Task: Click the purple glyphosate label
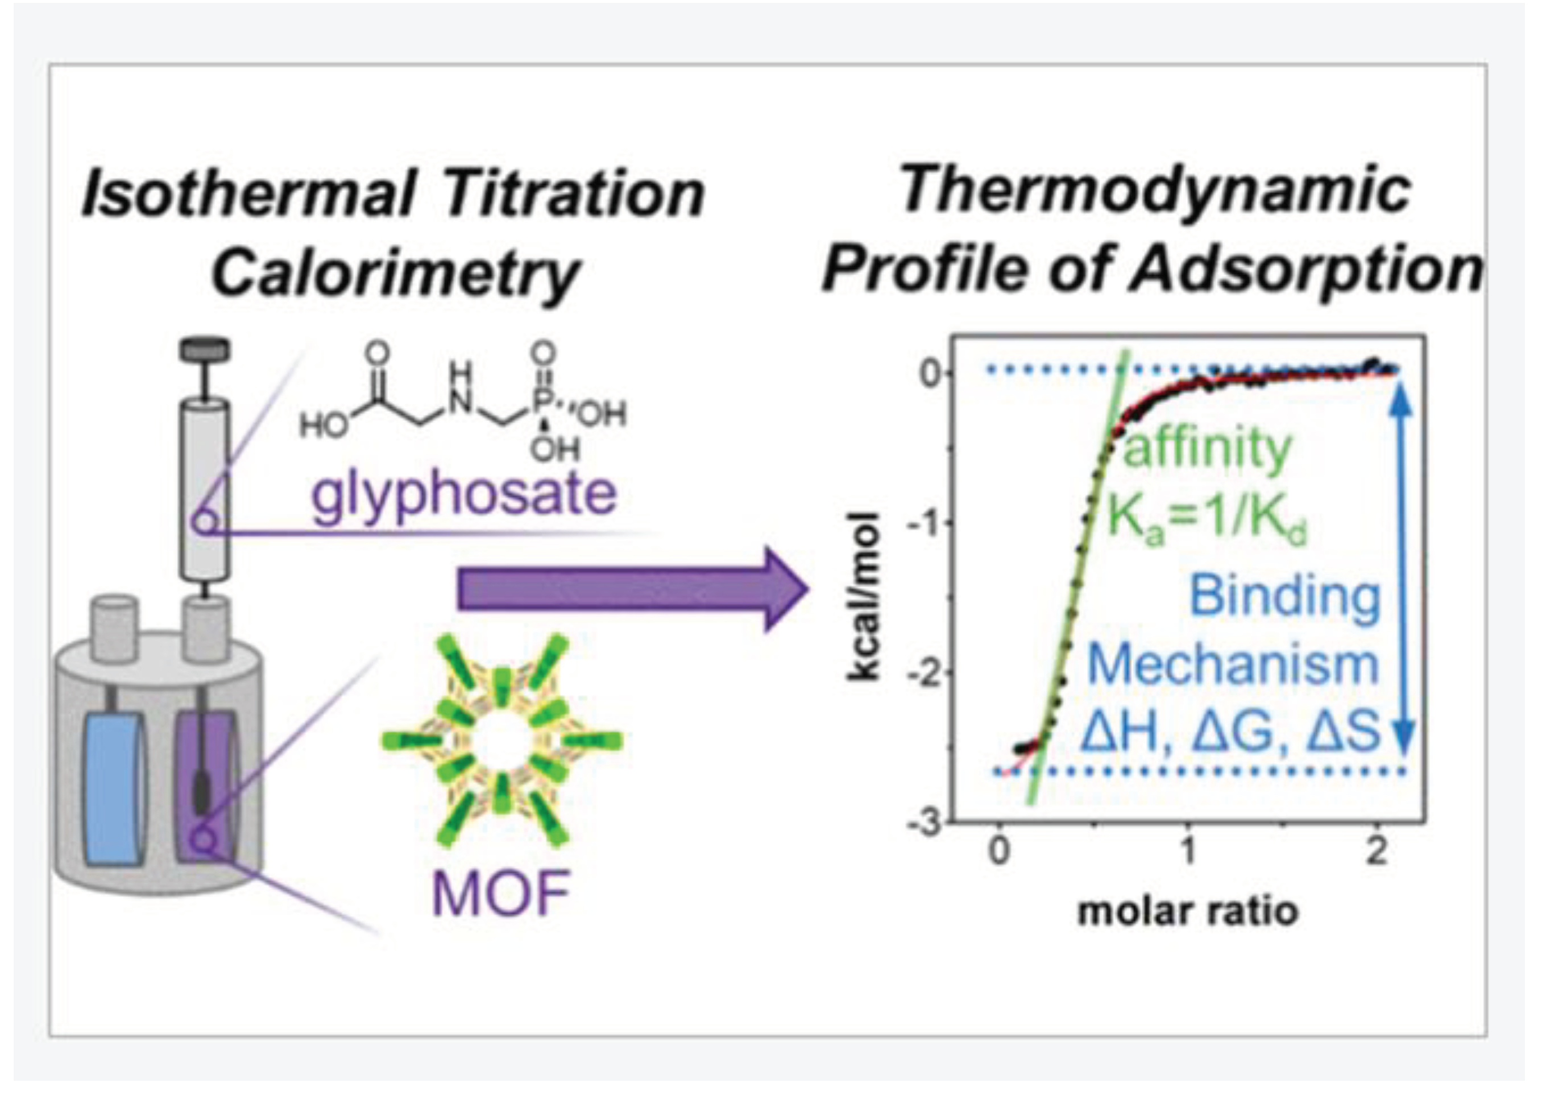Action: pos(463,494)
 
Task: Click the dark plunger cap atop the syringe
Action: pos(204,349)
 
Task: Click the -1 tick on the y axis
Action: pos(925,524)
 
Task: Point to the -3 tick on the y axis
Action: pos(925,824)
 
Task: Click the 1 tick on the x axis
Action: pos(1188,851)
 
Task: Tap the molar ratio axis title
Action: pos(1188,912)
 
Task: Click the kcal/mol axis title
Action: pos(865,597)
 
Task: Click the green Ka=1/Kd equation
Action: pos(1207,520)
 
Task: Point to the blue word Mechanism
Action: pos(1233,664)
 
